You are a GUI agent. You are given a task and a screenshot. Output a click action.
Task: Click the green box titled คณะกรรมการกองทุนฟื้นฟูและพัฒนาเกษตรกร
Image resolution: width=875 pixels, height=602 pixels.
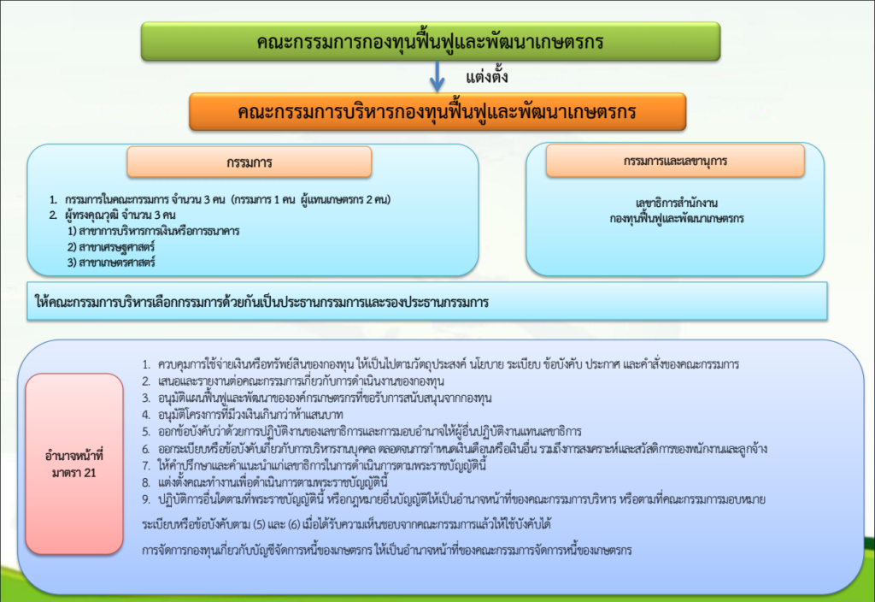(x=431, y=41)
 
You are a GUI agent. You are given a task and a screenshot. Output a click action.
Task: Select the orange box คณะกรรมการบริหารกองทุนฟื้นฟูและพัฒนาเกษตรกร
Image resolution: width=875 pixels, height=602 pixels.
(x=437, y=112)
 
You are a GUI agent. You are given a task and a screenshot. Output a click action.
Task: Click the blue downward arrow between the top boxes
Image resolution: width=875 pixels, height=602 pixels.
(x=437, y=76)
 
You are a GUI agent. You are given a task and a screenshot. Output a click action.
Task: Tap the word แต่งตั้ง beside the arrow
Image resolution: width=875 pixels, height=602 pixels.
(x=486, y=75)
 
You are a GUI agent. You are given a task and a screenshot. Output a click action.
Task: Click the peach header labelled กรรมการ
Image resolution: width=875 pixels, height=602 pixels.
(x=249, y=162)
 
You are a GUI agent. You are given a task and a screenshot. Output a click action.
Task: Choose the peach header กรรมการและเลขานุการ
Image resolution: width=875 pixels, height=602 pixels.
(x=675, y=161)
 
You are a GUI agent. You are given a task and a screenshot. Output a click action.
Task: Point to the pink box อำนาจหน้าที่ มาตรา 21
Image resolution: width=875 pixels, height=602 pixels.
(x=74, y=464)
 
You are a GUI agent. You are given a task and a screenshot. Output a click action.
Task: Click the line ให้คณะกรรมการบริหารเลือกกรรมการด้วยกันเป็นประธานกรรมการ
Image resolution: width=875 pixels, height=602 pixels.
(x=261, y=302)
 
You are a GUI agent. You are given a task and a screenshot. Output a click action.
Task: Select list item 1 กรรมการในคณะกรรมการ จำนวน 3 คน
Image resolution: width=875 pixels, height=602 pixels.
(x=220, y=199)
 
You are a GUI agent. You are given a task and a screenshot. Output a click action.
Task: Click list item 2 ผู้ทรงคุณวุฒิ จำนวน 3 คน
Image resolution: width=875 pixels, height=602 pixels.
(x=112, y=215)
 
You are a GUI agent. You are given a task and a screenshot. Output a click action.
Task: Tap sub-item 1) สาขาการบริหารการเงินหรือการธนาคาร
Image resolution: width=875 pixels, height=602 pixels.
(x=154, y=231)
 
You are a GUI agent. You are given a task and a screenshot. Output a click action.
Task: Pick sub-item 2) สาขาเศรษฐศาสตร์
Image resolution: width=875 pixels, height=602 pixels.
(x=111, y=246)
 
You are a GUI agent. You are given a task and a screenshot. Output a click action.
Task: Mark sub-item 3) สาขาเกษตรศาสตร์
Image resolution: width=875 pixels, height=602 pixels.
(x=111, y=262)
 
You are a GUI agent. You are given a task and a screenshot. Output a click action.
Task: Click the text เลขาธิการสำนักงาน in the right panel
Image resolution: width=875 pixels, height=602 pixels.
(x=677, y=203)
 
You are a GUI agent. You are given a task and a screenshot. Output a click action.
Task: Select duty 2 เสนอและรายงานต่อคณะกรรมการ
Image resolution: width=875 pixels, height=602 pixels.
(x=293, y=381)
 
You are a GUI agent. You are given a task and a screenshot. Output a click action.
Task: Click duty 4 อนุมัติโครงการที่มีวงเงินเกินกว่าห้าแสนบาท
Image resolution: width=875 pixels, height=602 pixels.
(x=242, y=415)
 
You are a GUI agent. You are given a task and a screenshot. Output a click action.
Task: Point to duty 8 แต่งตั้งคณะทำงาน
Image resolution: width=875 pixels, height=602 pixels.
(x=265, y=482)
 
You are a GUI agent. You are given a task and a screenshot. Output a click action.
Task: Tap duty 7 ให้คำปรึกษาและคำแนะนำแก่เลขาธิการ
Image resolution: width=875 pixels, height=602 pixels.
(x=314, y=465)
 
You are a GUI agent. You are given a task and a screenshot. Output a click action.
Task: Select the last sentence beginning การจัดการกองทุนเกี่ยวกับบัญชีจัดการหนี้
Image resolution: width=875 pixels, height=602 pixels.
(x=387, y=550)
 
